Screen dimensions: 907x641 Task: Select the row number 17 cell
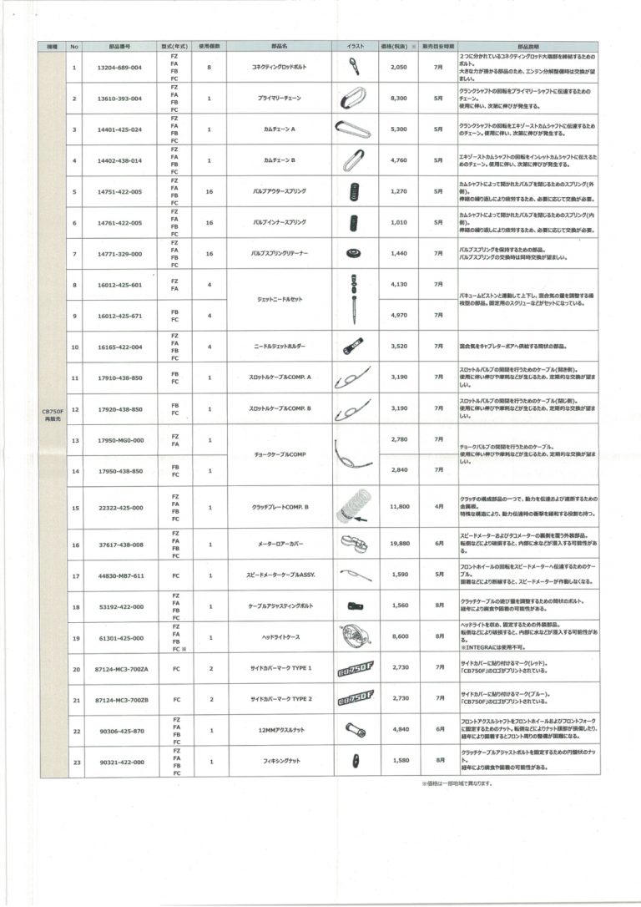click(75, 575)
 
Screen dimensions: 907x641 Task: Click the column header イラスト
click(354, 46)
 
